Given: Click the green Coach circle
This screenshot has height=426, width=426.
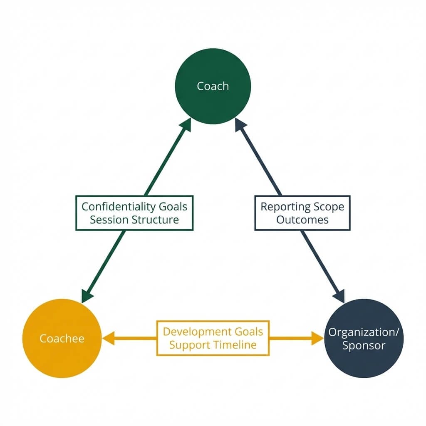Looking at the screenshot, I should tap(213, 86).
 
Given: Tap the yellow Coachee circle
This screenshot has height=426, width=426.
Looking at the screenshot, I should tap(62, 339).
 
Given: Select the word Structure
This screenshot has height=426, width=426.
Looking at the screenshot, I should tap(155, 220).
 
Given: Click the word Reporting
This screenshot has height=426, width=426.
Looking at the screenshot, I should tap(285, 206).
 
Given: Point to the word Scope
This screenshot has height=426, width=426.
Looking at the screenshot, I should tap(329, 206).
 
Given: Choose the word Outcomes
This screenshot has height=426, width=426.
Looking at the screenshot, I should tap(302, 220).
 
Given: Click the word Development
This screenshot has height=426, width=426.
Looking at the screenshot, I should tap(191, 332).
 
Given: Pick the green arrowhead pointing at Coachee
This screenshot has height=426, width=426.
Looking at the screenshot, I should tap(86, 296).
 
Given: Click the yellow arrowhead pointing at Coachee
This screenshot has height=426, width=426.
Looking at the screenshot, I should tap(109, 339).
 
